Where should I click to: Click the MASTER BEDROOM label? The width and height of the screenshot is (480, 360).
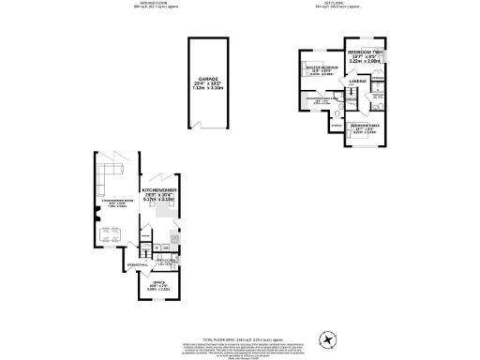(x=322, y=68)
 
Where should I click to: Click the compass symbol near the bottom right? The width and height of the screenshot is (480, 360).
(x=327, y=338)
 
